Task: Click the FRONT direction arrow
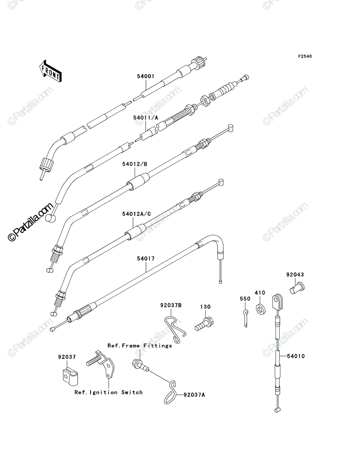pyautogui.click(x=50, y=71)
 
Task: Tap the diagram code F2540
pyautogui.click(x=305, y=57)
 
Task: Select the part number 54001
pyautogui.click(x=146, y=77)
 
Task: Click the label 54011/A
pyautogui.click(x=146, y=118)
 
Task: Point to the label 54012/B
pyautogui.click(x=135, y=164)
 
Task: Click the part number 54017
pyautogui.click(x=146, y=259)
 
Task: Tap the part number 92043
pyautogui.click(x=295, y=274)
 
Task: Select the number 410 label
pyautogui.click(x=260, y=293)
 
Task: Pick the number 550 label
pyautogui.click(x=245, y=299)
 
